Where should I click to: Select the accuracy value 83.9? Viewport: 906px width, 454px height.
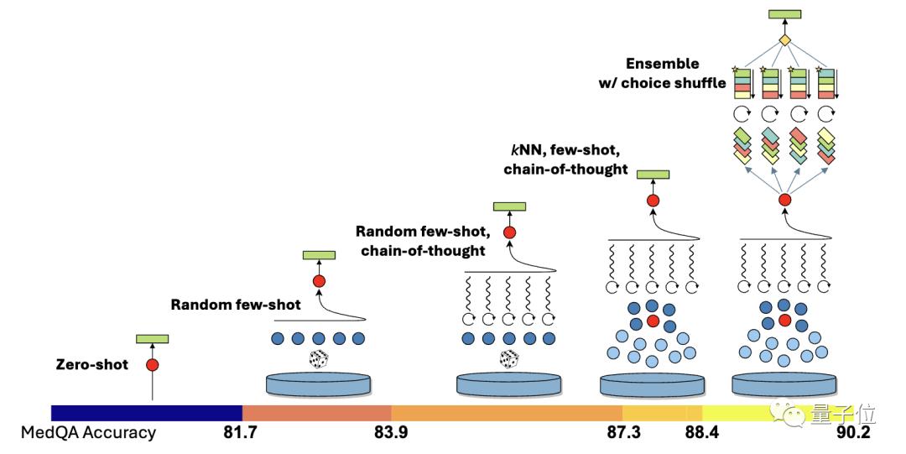tap(391, 433)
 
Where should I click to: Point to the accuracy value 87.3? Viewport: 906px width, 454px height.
tap(622, 433)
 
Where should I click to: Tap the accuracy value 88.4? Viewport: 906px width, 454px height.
tap(702, 433)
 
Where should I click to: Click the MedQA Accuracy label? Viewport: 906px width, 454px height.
tap(88, 433)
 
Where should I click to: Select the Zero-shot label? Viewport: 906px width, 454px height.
tap(91, 365)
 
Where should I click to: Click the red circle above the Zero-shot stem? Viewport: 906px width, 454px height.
tap(152, 365)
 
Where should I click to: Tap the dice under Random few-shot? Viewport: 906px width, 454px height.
tap(318, 359)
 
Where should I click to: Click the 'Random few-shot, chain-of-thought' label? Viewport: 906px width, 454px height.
tap(421, 239)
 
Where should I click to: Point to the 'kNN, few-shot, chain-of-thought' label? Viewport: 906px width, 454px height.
tap(566, 159)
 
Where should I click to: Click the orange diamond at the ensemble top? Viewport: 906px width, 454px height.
tap(785, 40)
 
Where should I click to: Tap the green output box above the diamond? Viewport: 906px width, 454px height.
tap(785, 14)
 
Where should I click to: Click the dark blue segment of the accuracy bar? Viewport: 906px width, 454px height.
tap(147, 413)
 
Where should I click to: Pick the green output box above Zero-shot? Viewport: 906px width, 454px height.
tap(153, 339)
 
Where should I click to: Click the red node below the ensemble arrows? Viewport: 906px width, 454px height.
tap(785, 200)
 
